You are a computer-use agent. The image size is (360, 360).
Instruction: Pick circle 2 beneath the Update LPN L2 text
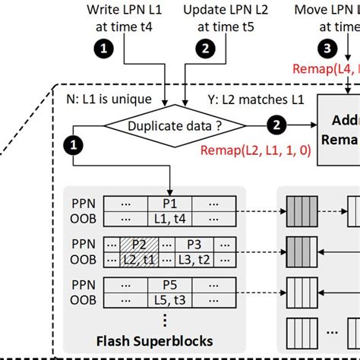[x=206, y=48]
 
